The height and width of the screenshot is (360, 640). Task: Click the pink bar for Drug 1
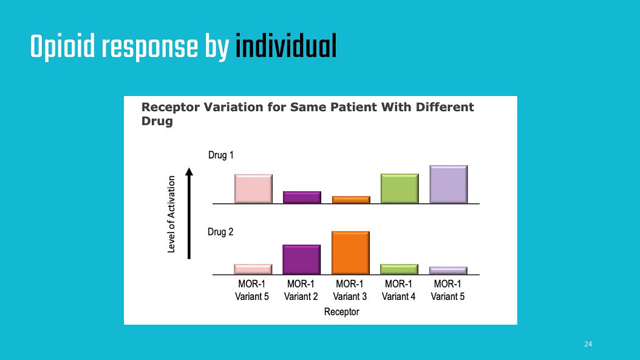click(253, 189)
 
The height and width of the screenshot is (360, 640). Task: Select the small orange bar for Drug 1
click(351, 200)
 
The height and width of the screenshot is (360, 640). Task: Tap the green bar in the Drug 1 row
click(400, 188)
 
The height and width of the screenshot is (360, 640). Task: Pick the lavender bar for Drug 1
click(449, 184)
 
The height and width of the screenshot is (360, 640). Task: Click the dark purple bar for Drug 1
click(302, 197)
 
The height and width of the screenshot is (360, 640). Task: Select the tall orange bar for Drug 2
click(350, 253)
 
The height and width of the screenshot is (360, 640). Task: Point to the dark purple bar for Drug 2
click(302, 259)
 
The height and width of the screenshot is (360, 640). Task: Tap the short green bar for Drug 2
click(399, 269)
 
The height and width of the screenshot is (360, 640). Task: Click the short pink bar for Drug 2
click(253, 269)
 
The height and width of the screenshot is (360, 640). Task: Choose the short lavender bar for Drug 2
click(448, 270)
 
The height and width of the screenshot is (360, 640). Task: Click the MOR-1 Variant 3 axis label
click(350, 290)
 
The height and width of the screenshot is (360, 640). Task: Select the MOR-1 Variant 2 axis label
click(301, 290)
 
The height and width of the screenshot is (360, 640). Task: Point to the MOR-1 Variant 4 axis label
click(399, 290)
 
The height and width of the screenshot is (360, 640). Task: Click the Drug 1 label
click(221, 155)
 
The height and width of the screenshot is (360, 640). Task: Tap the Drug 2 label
click(220, 232)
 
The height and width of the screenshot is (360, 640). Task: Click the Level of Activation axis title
click(171, 214)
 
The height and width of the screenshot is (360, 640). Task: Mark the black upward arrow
click(189, 213)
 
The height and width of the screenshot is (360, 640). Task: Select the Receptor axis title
click(342, 312)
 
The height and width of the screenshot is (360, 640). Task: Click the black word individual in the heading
click(286, 46)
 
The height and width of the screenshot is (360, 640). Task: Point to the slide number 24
click(588, 344)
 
